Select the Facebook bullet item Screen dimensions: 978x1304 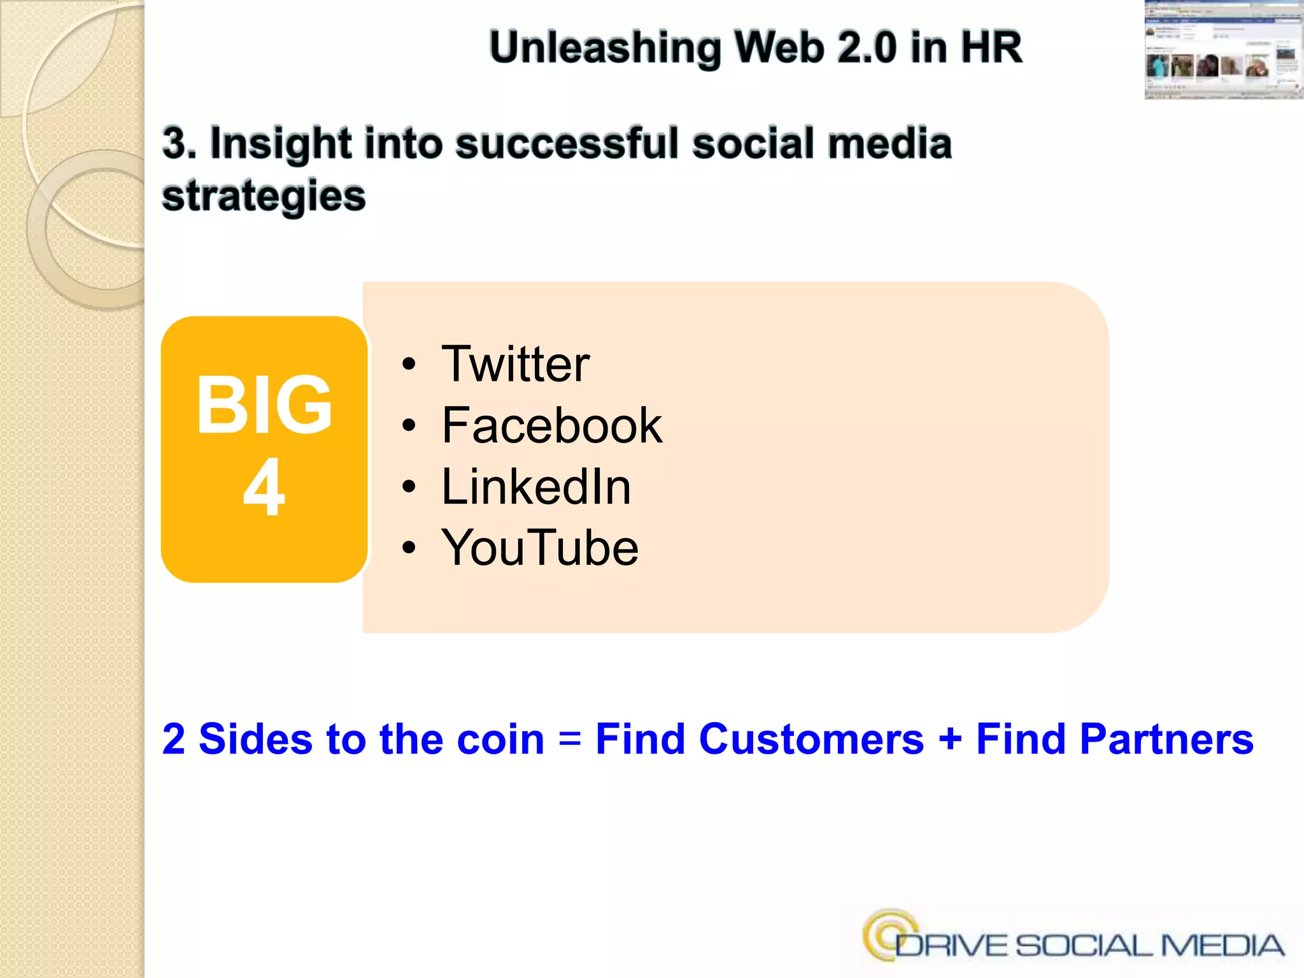[x=551, y=425]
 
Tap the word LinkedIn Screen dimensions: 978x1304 [x=536, y=486]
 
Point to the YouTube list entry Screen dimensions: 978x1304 [x=540, y=548]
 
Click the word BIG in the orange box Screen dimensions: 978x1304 [x=264, y=405]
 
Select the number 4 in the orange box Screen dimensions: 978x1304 [x=264, y=488]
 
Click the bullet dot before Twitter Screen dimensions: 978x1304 [x=409, y=365]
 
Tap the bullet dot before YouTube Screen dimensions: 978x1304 [x=409, y=548]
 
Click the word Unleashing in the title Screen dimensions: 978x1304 [x=605, y=48]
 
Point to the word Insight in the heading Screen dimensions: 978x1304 [x=281, y=143]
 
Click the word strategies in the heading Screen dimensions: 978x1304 [x=264, y=195]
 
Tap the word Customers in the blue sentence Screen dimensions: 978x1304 [x=811, y=739]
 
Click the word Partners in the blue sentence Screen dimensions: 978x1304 [x=1166, y=739]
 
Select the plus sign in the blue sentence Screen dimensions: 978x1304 [x=950, y=741]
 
